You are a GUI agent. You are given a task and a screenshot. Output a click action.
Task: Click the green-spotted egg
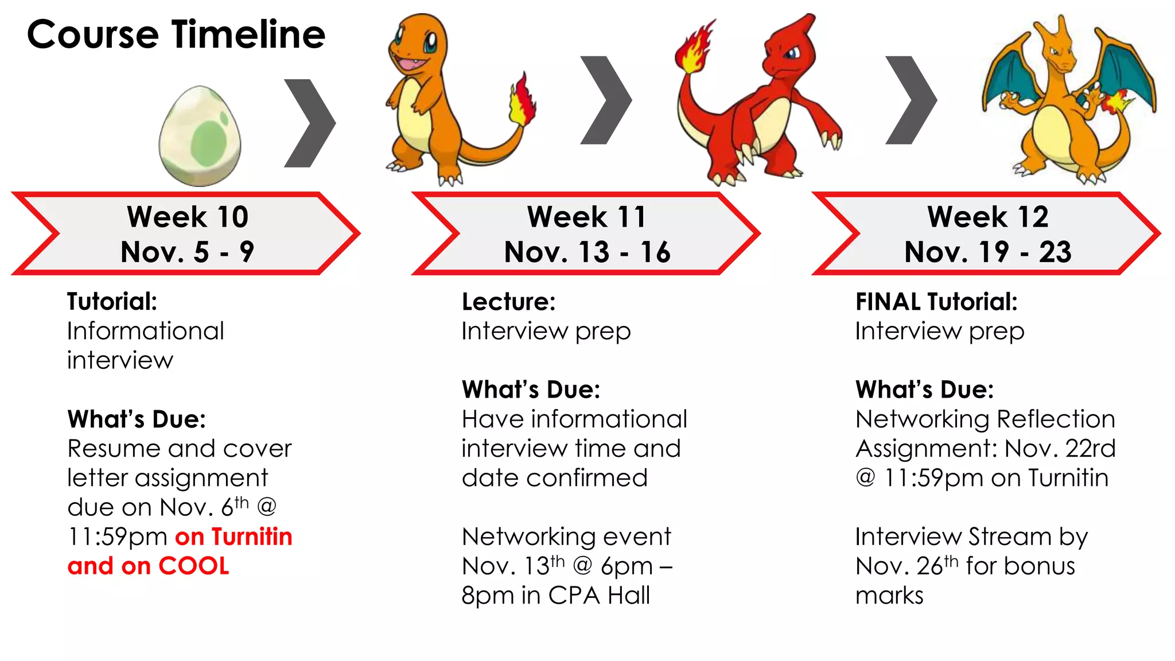(200, 137)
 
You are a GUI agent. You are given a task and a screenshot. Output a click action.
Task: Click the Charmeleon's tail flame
(695, 48)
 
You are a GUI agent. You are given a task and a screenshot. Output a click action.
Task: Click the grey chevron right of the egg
(309, 123)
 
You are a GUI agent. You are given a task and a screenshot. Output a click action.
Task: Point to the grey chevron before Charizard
(911, 100)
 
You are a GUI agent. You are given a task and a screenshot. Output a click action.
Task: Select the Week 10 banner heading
(188, 217)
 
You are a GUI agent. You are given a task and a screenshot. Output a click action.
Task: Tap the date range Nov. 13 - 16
(587, 252)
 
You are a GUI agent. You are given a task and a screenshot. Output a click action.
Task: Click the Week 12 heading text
(987, 217)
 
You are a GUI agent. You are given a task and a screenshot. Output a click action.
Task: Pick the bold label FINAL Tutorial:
(936, 302)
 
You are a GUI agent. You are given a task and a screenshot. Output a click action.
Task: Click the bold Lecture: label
(508, 302)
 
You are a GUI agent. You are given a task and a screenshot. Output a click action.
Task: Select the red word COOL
(194, 566)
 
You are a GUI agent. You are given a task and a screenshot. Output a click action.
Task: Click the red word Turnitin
(252, 537)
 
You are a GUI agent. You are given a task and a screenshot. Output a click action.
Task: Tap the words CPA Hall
(599, 596)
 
